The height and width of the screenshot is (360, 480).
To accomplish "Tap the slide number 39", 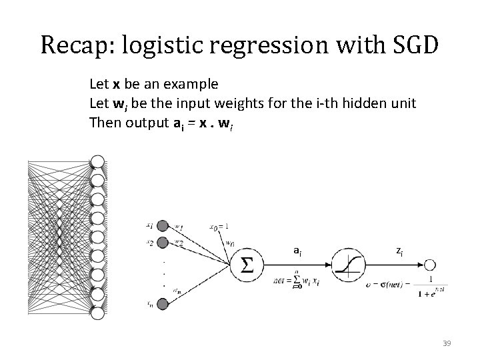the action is (447, 343).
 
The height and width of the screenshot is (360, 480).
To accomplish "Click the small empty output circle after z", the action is (431, 265).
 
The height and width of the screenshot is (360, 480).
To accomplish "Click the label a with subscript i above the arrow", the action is (297, 251).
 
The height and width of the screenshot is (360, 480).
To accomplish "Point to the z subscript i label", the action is (399, 251).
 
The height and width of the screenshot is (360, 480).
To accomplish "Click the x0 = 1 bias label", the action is (221, 226).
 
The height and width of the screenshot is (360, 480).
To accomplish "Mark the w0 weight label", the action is (229, 243).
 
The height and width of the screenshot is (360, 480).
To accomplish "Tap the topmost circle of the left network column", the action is (97, 162).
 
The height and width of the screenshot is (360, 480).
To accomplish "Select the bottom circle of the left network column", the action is (97, 313).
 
